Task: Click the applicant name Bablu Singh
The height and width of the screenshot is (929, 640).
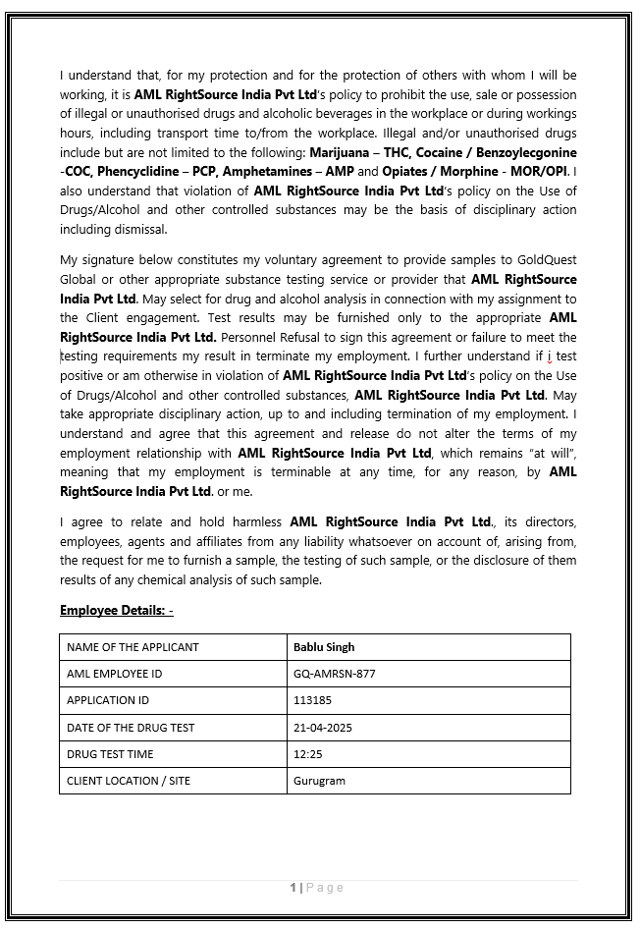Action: (324, 647)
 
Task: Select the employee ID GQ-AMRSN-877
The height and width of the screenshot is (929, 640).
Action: (334, 674)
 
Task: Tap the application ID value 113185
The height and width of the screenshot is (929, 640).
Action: (312, 700)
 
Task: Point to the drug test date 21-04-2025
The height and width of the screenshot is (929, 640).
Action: (322, 728)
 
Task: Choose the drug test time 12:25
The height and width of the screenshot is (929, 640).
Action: (307, 754)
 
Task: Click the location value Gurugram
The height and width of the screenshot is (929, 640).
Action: (319, 781)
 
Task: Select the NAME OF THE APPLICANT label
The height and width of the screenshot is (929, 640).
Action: (133, 647)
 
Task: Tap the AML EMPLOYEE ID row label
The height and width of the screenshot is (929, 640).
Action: (114, 674)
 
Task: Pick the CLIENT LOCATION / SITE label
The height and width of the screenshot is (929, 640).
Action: (129, 781)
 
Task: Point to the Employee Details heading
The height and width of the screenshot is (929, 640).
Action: (116, 611)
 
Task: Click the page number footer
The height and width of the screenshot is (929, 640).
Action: (317, 888)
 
